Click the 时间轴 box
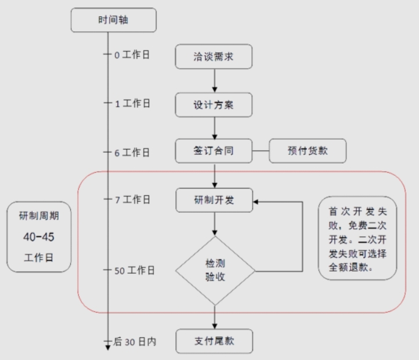pos(114,20)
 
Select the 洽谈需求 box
pos(215,57)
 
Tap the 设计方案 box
pos(215,105)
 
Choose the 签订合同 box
pos(215,151)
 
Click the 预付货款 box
pos(308,151)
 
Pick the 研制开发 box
pos(215,200)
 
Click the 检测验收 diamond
pos(215,270)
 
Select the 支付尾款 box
pos(215,341)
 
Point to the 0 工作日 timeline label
pos(132,56)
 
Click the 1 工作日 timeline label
pos(132,104)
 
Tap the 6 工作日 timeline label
pos(132,152)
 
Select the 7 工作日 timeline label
pos(132,199)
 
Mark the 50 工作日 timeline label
pos(134,270)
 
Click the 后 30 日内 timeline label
pos(134,341)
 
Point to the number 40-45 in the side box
pos(39,237)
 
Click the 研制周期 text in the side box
pos(39,216)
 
